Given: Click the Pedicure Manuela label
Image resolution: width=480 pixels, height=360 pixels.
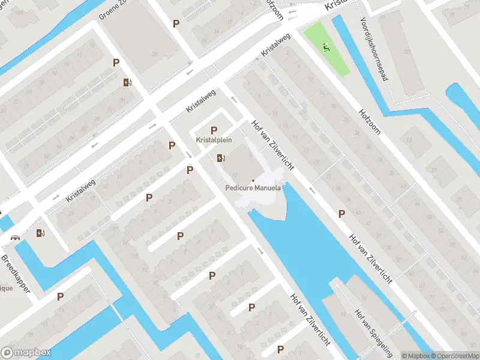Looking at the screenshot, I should tap(253, 188).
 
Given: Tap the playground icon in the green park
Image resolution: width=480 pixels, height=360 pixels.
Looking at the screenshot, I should tap(326, 46).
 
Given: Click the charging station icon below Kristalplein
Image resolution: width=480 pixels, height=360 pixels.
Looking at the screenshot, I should tap(221, 158).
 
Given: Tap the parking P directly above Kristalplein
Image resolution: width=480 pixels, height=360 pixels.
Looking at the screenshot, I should tap(214, 130).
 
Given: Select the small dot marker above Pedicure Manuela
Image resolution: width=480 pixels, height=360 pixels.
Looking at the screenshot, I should tap(253, 180).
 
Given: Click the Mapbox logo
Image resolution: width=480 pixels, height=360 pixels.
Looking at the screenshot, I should tap(26, 353).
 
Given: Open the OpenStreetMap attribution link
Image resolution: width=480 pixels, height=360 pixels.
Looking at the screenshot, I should tap(454, 356).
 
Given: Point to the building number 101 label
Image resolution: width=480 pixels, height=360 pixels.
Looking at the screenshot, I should tap(407, 53).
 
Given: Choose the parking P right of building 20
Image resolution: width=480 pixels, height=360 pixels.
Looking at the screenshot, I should tap(176, 23).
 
